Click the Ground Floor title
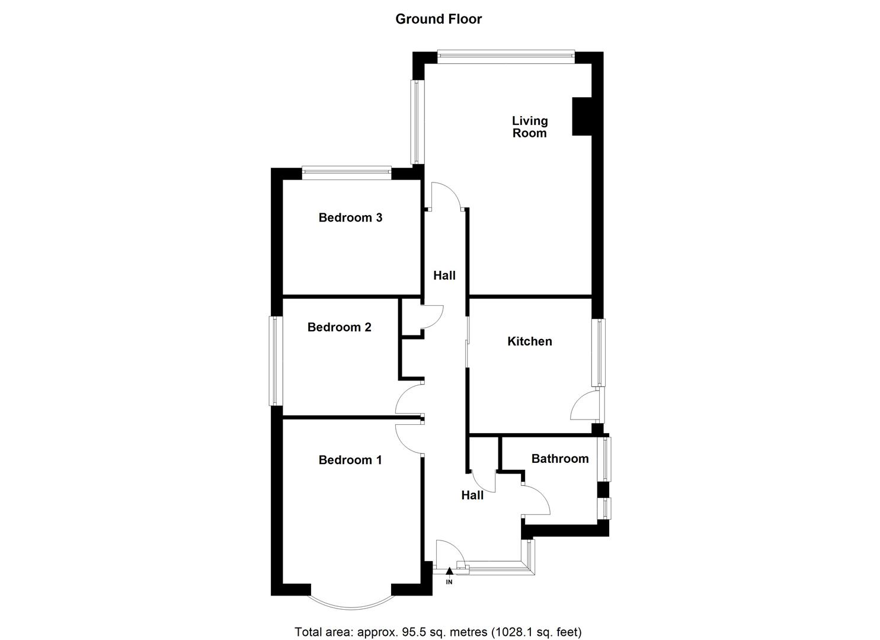[439, 19]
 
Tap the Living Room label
[530, 127]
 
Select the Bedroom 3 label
[350, 217]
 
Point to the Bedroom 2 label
[339, 327]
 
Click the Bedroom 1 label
[350, 460]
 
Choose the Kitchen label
[529, 341]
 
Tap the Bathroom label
[559, 459]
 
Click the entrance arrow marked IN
[449, 572]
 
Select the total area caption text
[439, 632]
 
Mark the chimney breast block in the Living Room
[582, 116]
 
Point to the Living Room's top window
[506, 57]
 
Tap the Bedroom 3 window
[346, 173]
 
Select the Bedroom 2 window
[276, 361]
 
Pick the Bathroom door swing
[537, 500]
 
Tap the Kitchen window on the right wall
[601, 353]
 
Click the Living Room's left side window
[418, 121]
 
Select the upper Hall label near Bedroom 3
[444, 276]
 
